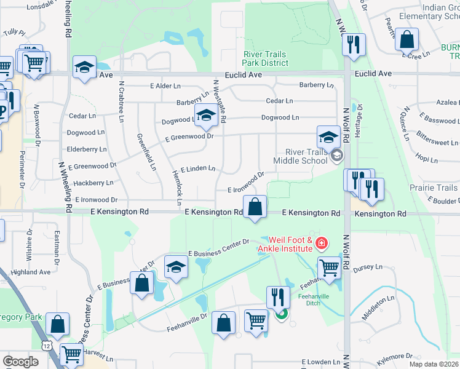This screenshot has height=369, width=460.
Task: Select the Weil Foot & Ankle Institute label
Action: (291, 244)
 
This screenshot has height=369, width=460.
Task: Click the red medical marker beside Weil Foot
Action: (320, 245)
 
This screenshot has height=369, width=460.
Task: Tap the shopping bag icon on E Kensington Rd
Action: (254, 207)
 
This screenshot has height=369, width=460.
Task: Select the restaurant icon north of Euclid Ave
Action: (353, 44)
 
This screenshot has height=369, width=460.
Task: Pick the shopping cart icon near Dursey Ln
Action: (329, 268)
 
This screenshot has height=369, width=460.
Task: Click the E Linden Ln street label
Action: (197, 168)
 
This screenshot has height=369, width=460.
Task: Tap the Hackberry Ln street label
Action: (93, 183)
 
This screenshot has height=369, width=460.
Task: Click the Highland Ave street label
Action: (30, 272)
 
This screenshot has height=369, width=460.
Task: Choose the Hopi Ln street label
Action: (426, 159)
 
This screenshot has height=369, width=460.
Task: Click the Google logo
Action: (21, 361)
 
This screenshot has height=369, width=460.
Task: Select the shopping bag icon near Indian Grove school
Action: (407, 41)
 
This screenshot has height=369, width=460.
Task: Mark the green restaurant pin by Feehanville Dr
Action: (282, 314)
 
